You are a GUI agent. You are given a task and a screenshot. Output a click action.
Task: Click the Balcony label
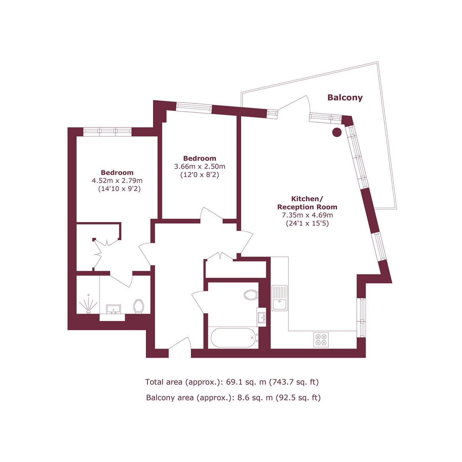pyautogui.click(x=345, y=98)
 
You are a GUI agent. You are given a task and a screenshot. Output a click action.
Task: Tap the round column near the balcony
pyautogui.click(x=337, y=132)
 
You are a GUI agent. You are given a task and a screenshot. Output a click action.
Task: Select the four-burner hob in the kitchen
pyautogui.click(x=321, y=340)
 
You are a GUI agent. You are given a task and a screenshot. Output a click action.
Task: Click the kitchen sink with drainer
pyautogui.click(x=280, y=298)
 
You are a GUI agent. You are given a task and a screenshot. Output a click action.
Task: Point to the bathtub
pyautogui.click(x=234, y=338)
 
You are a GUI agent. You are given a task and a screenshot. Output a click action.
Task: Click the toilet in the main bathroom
pyautogui.click(x=251, y=295)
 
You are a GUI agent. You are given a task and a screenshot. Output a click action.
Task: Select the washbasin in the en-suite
pyautogui.click(x=113, y=309)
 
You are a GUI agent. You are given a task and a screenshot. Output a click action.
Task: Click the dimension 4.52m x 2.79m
pyautogui.click(x=117, y=181)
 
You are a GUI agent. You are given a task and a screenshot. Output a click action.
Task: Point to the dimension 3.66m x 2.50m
pyautogui.click(x=200, y=167)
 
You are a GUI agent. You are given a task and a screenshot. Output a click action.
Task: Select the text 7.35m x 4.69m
pyautogui.click(x=307, y=215)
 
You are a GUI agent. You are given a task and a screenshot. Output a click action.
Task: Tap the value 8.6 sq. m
pyautogui.click(x=255, y=398)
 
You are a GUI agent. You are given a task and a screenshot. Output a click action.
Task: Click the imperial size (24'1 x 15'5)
pyautogui.click(x=307, y=223)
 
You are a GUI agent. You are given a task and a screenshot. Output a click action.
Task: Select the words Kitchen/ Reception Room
pyautogui.click(x=307, y=203)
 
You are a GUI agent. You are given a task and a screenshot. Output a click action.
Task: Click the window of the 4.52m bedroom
pyautogui.click(x=107, y=132)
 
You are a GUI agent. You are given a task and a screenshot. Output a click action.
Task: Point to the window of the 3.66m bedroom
pyautogui.click(x=194, y=108)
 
